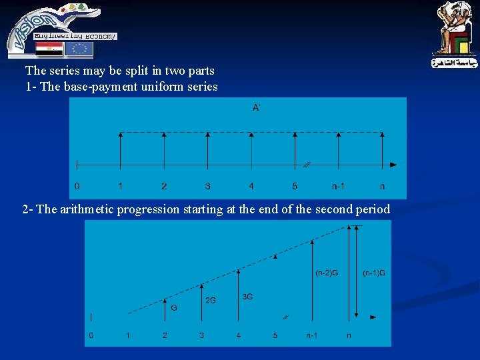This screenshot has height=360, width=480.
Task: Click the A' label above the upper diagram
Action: (x=256, y=107)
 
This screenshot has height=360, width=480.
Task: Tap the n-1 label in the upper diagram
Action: (x=339, y=186)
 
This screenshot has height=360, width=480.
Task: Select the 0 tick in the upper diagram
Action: (x=77, y=186)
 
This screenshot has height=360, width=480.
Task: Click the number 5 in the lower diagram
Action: (x=275, y=335)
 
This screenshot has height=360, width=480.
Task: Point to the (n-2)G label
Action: (x=326, y=273)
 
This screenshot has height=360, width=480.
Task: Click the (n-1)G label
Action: (x=373, y=273)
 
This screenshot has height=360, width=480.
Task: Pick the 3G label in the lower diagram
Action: (x=247, y=297)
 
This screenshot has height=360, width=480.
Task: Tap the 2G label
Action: (x=210, y=301)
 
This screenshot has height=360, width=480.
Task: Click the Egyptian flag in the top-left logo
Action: (x=49, y=49)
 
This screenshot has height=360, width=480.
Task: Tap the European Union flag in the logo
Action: (x=79, y=49)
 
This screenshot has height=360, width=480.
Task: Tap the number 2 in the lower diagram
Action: (x=165, y=335)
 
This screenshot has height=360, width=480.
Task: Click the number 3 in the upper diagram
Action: (x=208, y=186)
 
